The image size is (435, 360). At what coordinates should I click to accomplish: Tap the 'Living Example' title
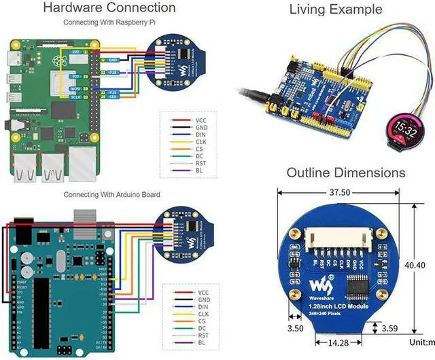(335, 10)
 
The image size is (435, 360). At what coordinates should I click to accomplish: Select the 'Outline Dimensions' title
(345, 173)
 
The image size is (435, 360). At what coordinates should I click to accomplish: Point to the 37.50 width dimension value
(340, 192)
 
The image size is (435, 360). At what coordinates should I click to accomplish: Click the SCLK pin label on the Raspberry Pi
(77, 97)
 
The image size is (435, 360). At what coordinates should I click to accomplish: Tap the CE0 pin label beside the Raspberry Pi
(114, 97)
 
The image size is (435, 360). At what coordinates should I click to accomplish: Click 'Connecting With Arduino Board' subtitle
(111, 194)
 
